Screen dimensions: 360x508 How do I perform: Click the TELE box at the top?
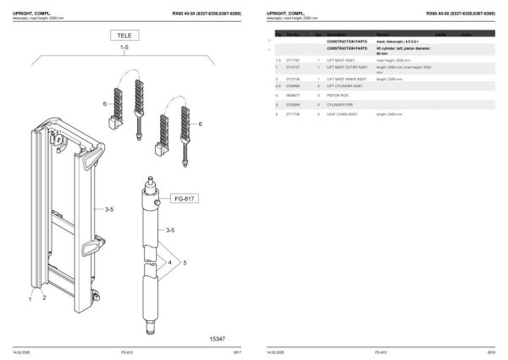tap(124, 35)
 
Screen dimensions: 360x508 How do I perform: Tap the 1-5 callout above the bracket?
tap(124, 49)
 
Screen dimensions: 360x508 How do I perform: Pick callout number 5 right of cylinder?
tap(186, 263)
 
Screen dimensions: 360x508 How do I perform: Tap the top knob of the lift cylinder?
tap(149, 180)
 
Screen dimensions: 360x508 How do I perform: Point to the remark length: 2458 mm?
tap(391, 112)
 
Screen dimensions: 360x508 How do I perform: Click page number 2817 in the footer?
tap(237, 351)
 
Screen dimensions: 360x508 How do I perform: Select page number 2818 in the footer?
tap(491, 351)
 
